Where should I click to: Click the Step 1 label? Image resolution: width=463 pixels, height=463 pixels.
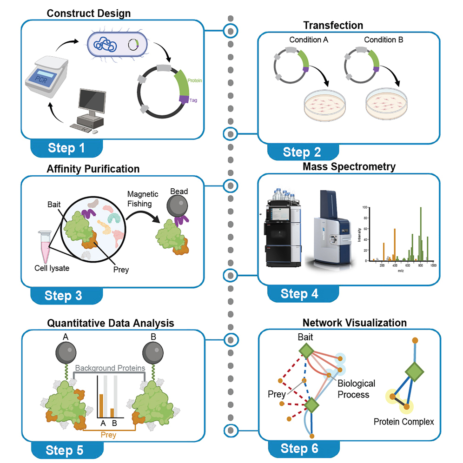tap(67, 148)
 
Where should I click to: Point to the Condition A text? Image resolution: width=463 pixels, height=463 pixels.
tap(309, 40)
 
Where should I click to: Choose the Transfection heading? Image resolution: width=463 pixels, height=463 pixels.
tap(333, 25)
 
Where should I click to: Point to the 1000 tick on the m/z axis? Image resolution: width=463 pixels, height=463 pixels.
tap(432, 266)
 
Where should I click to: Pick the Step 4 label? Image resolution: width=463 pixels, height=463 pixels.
tap(300, 294)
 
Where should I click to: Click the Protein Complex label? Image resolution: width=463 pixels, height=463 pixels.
tap(403, 422)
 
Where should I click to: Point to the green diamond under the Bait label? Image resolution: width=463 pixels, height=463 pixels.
tap(307, 350)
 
